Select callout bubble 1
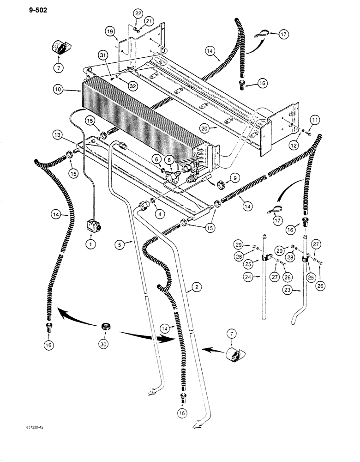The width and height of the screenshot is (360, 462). click(90, 244)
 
